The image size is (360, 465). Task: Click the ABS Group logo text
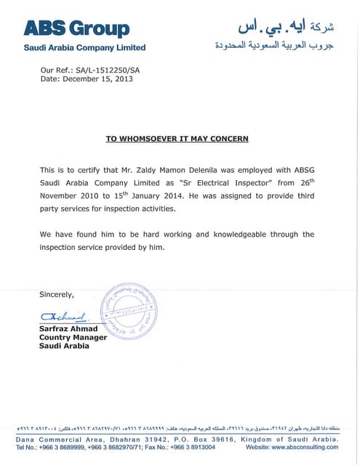(x=76, y=28)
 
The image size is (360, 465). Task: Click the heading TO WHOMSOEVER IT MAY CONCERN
(x=177, y=138)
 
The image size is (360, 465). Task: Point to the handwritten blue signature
(x=64, y=317)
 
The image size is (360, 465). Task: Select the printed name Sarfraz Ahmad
(x=68, y=329)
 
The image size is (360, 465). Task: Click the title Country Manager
(x=73, y=337)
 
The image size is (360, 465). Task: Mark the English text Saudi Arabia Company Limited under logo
(x=85, y=48)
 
